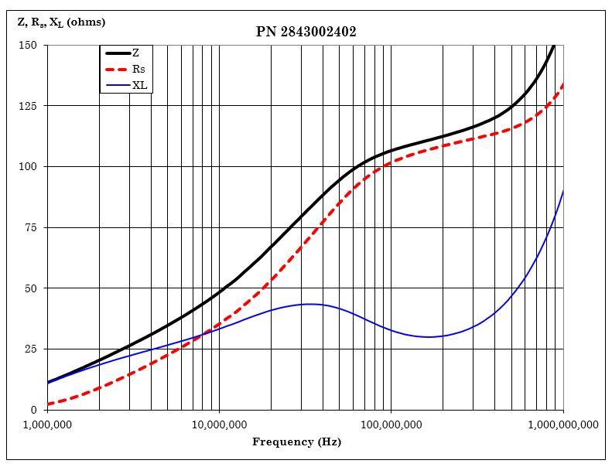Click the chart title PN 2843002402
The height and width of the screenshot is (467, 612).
click(x=306, y=32)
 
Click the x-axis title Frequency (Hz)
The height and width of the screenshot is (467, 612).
click(x=296, y=442)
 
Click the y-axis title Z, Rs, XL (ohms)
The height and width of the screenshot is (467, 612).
click(x=61, y=22)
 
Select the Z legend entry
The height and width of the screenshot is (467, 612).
click(x=135, y=53)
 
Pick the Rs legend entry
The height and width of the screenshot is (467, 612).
click(x=138, y=70)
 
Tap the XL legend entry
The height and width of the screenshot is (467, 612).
click(x=139, y=85)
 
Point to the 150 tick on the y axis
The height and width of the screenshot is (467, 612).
click(x=28, y=45)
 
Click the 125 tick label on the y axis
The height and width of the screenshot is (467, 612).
click(x=28, y=106)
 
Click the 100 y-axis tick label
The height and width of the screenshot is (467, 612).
click(x=28, y=166)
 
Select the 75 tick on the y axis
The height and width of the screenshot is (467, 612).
click(x=30, y=227)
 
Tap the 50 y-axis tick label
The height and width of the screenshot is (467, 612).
click(x=30, y=288)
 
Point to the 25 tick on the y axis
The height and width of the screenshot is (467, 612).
click(x=30, y=349)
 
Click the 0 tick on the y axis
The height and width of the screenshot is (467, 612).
click(x=33, y=410)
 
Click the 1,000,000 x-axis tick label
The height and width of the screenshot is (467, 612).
click(x=48, y=424)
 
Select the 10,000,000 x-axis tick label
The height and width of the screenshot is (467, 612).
click(x=219, y=424)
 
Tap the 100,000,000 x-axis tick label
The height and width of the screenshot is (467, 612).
click(x=391, y=424)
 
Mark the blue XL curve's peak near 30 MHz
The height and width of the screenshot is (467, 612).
click(x=309, y=304)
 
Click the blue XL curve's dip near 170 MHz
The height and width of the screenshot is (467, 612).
click(x=430, y=336)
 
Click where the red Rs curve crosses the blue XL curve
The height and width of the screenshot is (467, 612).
click(x=201, y=335)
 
